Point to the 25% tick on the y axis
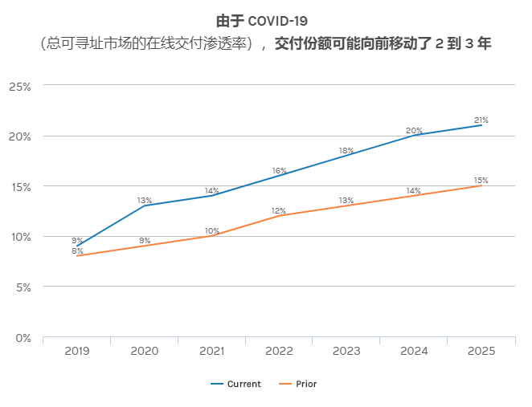[x=19, y=86]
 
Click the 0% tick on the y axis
[x=23, y=338]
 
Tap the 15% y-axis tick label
[x=19, y=186]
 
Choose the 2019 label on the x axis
[x=77, y=352]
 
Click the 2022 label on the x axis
[x=279, y=352]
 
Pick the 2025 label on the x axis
[x=481, y=352]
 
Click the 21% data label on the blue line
[x=481, y=120]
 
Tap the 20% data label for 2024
[x=414, y=130]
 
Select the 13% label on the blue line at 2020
[x=145, y=200]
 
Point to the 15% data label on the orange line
[x=481, y=180]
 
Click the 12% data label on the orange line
[x=279, y=210]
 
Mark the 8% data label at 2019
[x=77, y=250]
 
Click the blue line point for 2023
[x=346, y=156]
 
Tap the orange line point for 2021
[x=212, y=236]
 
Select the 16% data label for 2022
[x=279, y=170]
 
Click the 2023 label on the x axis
[x=346, y=352]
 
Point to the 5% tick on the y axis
[x=23, y=287]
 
